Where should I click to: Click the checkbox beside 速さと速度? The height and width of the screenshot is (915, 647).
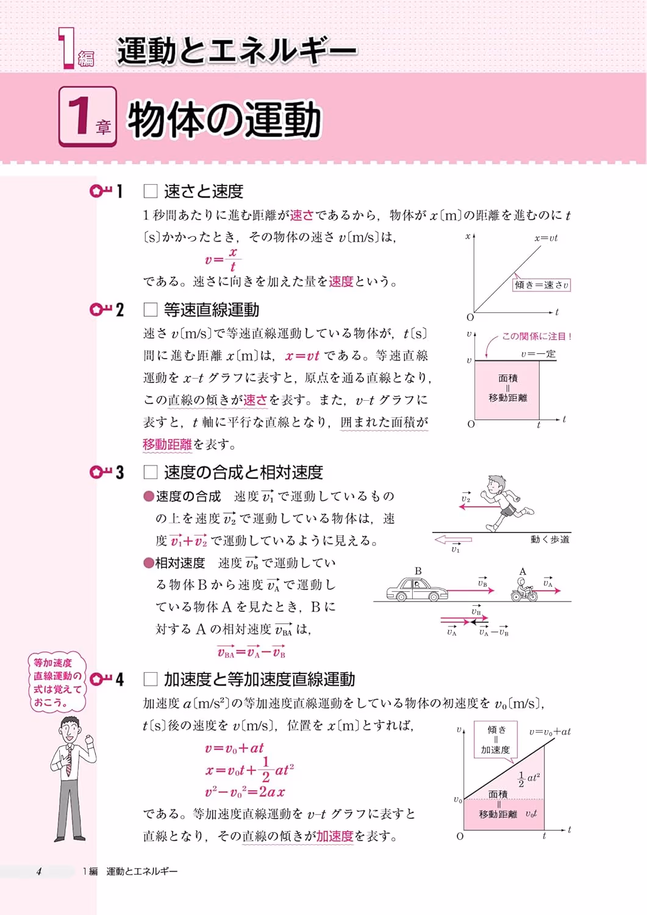click(x=150, y=191)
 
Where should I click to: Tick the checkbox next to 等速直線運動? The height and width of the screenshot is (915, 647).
click(x=150, y=310)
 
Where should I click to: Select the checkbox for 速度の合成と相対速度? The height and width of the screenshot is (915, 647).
click(x=150, y=473)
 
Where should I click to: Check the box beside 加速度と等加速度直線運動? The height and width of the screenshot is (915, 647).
click(x=150, y=680)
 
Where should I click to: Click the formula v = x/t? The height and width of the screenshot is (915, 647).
click(x=223, y=259)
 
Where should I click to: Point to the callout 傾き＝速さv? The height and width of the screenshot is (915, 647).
click(x=542, y=285)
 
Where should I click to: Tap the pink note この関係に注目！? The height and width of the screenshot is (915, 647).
click(x=536, y=336)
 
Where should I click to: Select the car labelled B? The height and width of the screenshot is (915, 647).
click(x=417, y=589)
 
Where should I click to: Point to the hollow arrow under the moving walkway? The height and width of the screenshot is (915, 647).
click(x=453, y=540)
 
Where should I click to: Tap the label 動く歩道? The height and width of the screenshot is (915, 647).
click(x=550, y=540)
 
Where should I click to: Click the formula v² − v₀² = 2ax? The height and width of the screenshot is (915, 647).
click(x=245, y=792)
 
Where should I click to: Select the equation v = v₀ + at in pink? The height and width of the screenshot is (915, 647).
click(x=234, y=748)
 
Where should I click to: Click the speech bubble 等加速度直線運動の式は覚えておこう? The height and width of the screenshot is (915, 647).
click(x=57, y=682)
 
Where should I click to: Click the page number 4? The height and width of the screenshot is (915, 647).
click(x=39, y=871)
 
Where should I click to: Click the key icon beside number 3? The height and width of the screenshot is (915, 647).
click(x=101, y=473)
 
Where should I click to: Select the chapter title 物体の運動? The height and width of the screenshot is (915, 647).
click(x=224, y=120)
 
